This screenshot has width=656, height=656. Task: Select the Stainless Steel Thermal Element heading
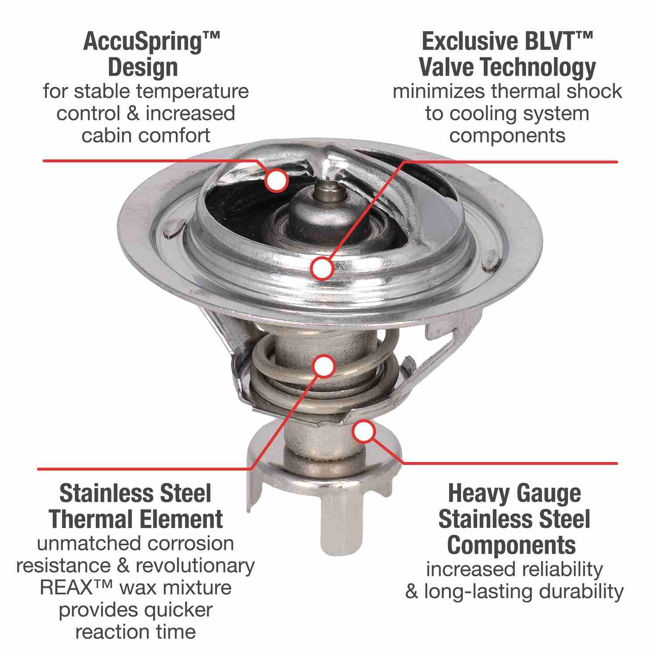(x=136, y=506)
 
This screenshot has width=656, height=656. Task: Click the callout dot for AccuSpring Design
(x=276, y=180)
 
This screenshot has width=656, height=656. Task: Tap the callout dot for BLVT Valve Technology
(x=322, y=268)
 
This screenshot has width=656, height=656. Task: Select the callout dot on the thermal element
(x=324, y=366)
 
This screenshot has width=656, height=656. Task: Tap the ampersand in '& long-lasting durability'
(x=412, y=591)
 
